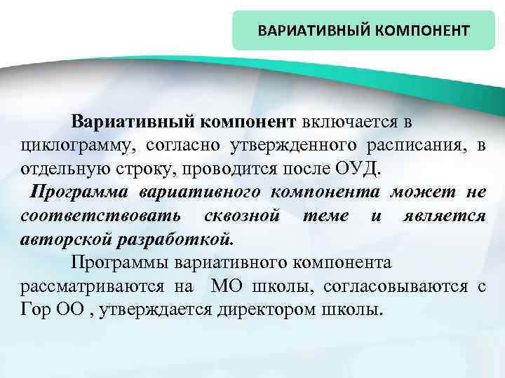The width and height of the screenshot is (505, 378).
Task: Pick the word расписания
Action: pyautogui.click(x=415, y=145)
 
